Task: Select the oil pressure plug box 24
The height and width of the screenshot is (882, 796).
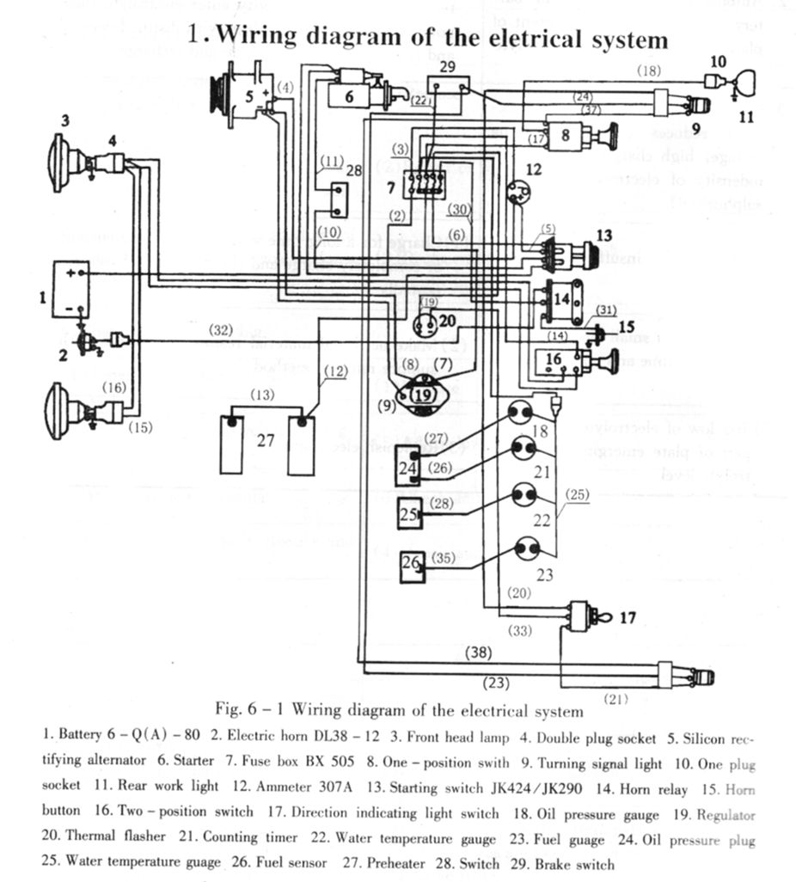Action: click(408, 467)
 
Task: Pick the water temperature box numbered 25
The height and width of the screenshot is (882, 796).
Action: click(408, 514)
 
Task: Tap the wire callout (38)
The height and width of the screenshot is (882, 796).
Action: click(478, 652)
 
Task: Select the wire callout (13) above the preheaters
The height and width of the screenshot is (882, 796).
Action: click(263, 395)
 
